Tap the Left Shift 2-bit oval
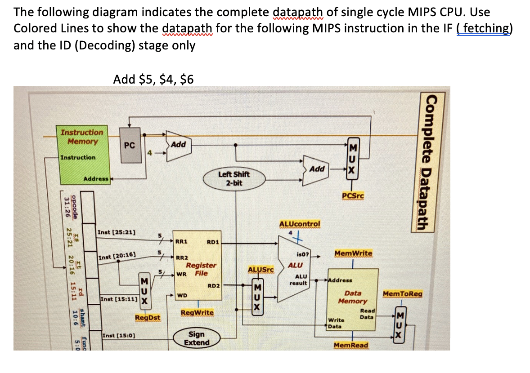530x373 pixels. click(234, 178)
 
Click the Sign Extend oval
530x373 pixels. click(196, 338)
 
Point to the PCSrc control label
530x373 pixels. click(353, 195)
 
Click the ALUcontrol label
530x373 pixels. click(300, 223)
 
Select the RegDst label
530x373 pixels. click(148, 318)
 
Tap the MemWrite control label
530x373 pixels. click(353, 253)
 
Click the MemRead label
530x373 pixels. click(351, 345)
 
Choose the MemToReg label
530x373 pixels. click(402, 294)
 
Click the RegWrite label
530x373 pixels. click(197, 312)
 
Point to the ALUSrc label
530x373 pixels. click(261, 270)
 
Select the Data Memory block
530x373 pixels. click(353, 297)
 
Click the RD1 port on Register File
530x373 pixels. click(212, 242)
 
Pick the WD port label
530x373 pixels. click(182, 295)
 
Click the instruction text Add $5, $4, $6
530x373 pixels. click(153, 80)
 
